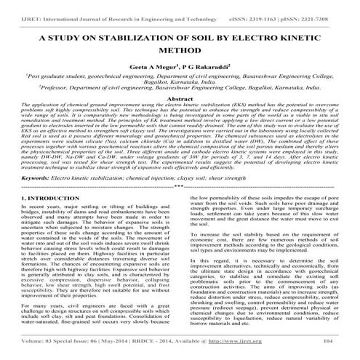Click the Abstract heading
click(180, 119)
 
